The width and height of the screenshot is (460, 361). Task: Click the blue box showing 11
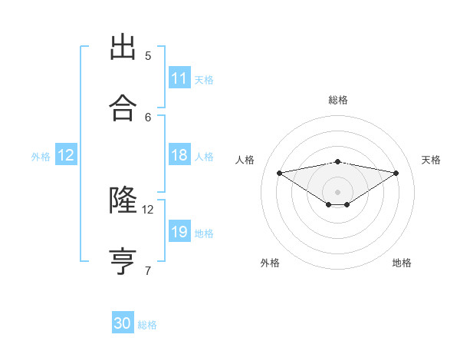point(179,78)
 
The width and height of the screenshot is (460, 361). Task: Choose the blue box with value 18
point(179,155)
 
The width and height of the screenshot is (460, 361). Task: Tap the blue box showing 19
point(179,232)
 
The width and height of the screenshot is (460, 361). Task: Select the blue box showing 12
point(66,155)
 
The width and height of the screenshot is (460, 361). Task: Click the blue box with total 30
point(123,323)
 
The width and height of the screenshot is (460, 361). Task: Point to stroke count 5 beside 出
point(148,55)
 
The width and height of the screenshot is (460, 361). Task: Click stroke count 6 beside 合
point(148,117)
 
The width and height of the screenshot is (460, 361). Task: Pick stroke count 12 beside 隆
point(148,209)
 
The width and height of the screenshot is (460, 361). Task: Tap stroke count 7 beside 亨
point(148,270)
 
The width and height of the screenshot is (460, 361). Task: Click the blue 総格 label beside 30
point(147,325)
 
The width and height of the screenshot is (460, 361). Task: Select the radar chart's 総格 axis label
point(338,100)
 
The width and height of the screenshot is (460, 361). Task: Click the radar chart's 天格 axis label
point(431,160)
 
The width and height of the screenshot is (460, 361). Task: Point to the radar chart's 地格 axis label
point(402,263)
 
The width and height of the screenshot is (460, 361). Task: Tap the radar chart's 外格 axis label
point(270,263)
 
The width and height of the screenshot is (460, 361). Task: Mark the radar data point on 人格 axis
point(280,172)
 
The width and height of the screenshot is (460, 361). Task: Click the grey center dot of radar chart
point(338,191)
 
